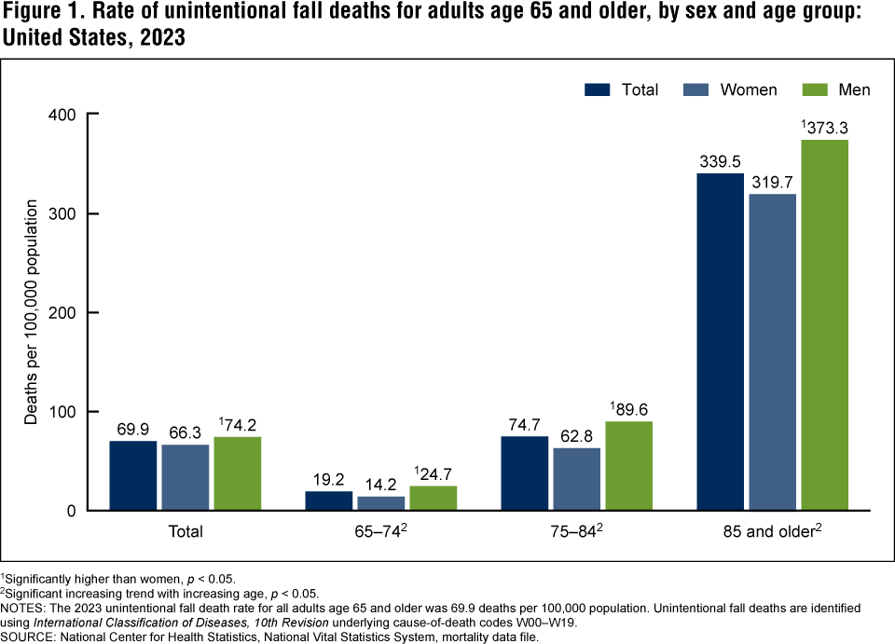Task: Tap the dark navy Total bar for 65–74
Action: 329,500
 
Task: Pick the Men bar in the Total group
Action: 237,473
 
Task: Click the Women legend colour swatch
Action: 696,89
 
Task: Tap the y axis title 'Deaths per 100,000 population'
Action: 32,312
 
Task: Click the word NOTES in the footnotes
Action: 24,608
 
